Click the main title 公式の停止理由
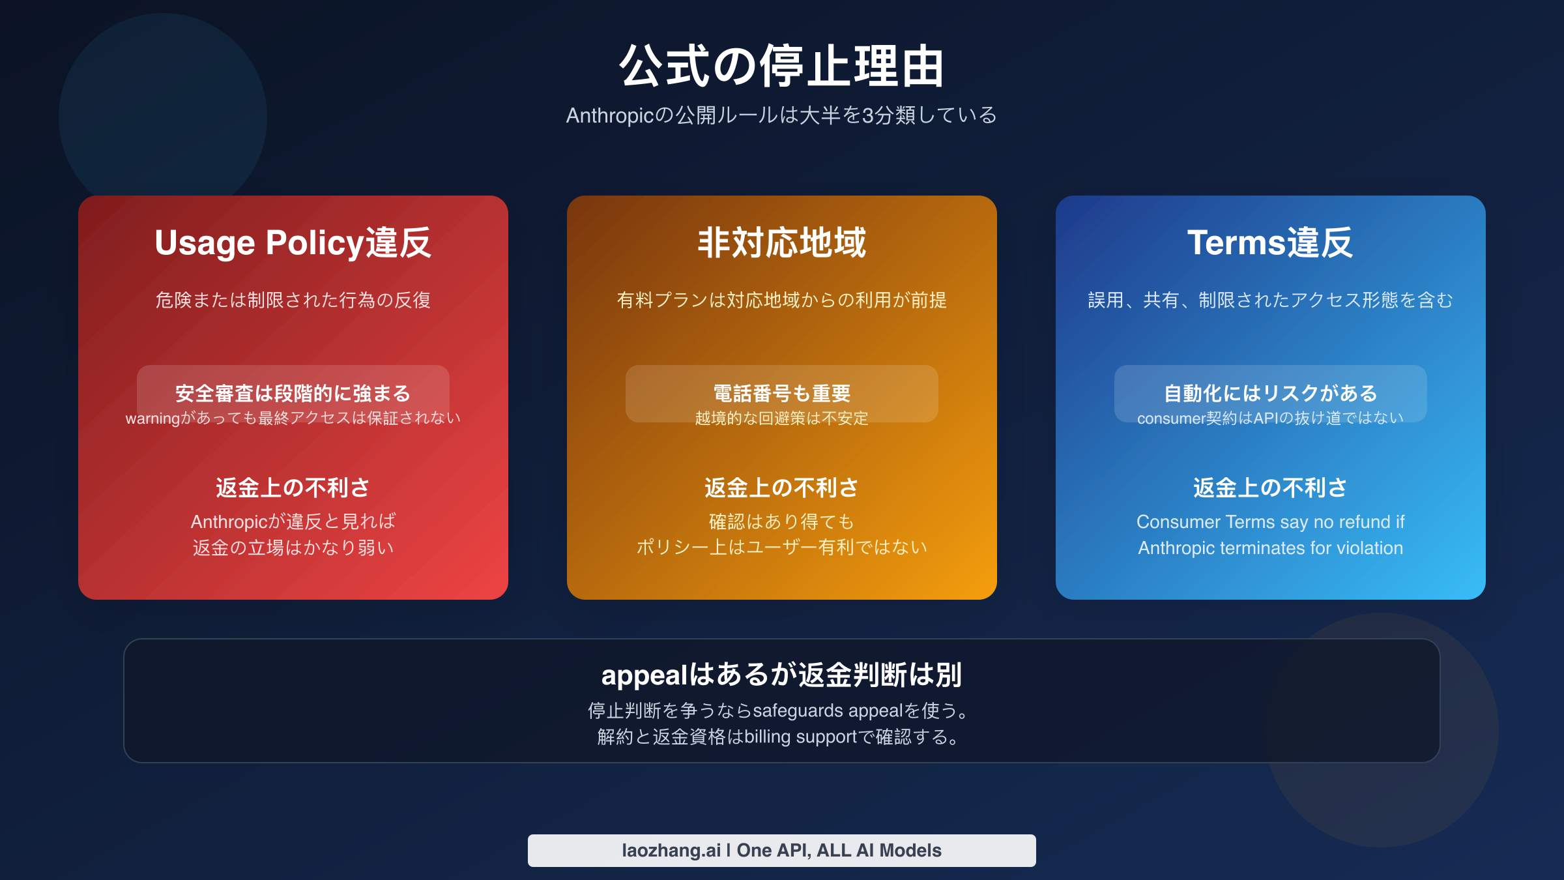781,66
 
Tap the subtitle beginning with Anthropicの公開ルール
781,115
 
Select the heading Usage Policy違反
293,242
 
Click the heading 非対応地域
781,242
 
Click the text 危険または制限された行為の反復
293,300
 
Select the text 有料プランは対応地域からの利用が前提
781,300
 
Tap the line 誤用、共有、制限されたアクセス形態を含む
1270,300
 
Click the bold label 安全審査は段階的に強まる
293,393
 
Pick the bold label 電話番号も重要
781,393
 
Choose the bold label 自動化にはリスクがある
1270,393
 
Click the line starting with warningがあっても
293,418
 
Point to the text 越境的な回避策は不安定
781,418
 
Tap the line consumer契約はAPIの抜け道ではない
1270,418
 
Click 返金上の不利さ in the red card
293,488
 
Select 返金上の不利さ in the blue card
1270,488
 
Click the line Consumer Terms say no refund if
1270,521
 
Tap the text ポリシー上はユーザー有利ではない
781,548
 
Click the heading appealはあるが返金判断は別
781,675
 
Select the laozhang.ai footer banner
781,850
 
